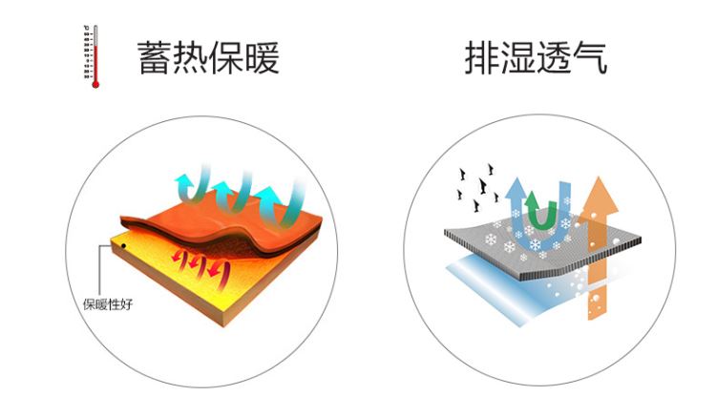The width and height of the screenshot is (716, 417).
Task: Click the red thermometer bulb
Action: click(95, 84)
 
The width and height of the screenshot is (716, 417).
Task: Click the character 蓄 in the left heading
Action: click(155, 57)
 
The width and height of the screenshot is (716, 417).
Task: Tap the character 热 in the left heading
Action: click(190, 57)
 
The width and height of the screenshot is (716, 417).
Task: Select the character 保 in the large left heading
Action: click(225, 57)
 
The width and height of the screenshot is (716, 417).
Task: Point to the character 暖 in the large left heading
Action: click(262, 57)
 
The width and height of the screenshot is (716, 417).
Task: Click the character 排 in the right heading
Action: click(482, 57)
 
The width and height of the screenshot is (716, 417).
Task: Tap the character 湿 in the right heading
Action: click(517, 57)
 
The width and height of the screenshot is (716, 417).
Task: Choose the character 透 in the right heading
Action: click(554, 57)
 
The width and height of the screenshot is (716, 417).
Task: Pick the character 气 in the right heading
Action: click(590, 57)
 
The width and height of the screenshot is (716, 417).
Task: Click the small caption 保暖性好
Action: click(108, 304)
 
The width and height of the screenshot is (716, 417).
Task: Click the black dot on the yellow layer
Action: click(123, 246)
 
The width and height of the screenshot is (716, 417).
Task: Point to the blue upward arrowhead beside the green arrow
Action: click(516, 189)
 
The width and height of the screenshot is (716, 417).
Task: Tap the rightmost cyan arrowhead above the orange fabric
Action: click(268, 194)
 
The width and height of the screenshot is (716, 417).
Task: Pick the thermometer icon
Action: click(92, 56)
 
